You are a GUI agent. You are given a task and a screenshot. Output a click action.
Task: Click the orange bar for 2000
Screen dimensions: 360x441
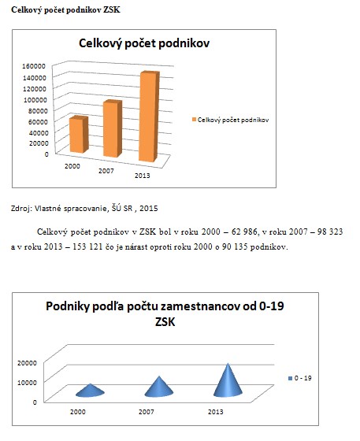click(79, 135)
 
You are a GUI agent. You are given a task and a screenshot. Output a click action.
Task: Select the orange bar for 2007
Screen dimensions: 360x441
click(113, 129)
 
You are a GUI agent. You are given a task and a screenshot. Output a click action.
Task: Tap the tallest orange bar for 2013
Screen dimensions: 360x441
click(149, 117)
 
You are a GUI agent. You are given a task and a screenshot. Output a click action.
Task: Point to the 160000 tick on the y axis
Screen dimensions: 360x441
click(34, 66)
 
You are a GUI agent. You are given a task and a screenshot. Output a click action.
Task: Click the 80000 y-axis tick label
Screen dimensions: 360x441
click(38, 111)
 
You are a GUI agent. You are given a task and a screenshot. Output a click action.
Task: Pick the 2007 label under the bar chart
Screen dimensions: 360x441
click(106, 171)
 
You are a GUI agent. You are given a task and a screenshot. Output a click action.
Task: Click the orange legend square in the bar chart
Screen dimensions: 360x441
click(194, 120)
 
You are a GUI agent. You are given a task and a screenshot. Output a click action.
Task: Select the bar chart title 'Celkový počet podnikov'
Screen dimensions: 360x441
click(144, 43)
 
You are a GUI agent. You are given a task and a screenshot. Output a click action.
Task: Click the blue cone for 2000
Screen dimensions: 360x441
click(90, 391)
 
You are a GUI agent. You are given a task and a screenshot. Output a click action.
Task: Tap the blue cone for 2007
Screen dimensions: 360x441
click(159, 387)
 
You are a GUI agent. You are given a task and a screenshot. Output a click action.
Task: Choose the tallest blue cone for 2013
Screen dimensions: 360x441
click(228, 381)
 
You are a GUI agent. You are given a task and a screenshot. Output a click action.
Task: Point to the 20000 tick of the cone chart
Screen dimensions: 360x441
click(27, 363)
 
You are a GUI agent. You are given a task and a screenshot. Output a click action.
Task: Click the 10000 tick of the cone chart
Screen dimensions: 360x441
click(27, 383)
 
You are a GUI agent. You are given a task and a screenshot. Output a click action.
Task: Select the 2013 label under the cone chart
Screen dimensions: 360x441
click(215, 412)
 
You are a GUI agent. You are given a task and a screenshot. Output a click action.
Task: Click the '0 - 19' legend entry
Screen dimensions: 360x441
click(300, 378)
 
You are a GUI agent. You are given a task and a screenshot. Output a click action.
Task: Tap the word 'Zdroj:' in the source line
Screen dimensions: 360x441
click(21, 209)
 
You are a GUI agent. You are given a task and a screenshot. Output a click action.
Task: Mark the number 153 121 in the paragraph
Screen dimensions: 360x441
click(87, 246)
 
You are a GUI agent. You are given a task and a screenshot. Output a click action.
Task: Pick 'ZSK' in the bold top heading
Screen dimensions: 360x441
click(112, 9)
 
